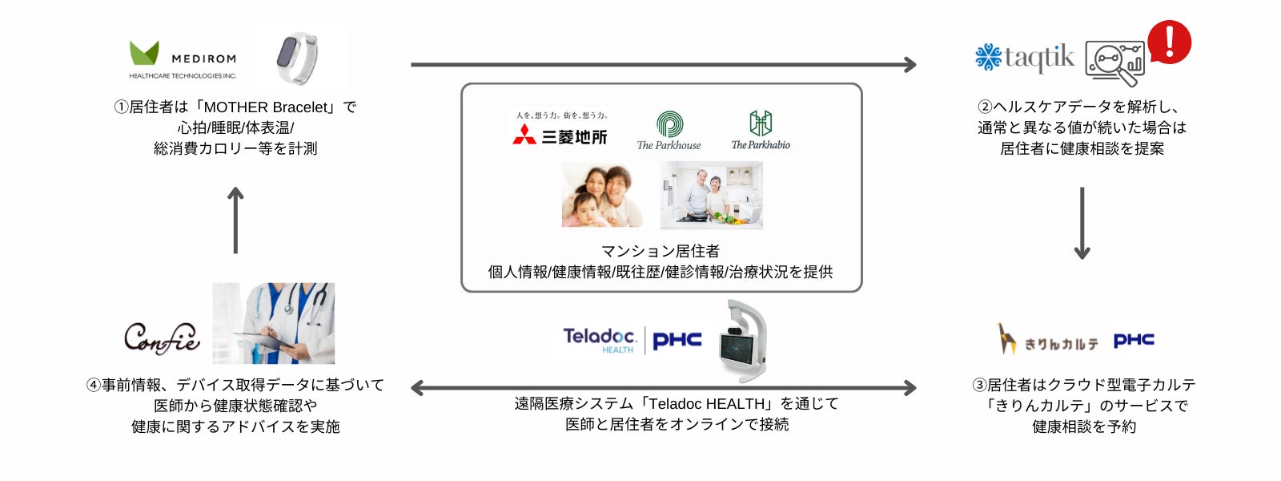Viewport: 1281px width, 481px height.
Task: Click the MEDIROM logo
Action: (183, 60)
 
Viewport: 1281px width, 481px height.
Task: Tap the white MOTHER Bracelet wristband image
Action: (297, 57)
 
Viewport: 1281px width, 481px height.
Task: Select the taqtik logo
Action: (1025, 58)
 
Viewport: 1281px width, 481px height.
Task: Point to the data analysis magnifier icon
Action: (1115, 63)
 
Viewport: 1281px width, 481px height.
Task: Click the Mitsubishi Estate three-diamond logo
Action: (524, 135)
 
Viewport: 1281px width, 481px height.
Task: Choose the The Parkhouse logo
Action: (669, 131)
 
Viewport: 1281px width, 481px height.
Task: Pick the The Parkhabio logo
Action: (760, 131)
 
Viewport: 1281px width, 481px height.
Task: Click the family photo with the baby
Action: (602, 196)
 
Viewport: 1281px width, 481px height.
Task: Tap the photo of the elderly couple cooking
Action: (711, 196)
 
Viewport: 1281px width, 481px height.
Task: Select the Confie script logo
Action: (162, 338)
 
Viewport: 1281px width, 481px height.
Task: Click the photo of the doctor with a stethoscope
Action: (273, 323)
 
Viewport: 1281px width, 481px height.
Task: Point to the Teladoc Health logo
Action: (599, 340)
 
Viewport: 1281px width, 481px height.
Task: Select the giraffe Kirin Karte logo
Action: (1047, 340)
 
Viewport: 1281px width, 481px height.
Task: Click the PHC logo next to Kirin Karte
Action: (1134, 340)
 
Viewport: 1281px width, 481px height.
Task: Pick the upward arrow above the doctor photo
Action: (235, 220)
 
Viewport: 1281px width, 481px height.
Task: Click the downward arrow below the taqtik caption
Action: (1082, 223)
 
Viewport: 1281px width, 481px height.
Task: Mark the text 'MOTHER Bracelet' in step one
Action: (266, 107)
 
